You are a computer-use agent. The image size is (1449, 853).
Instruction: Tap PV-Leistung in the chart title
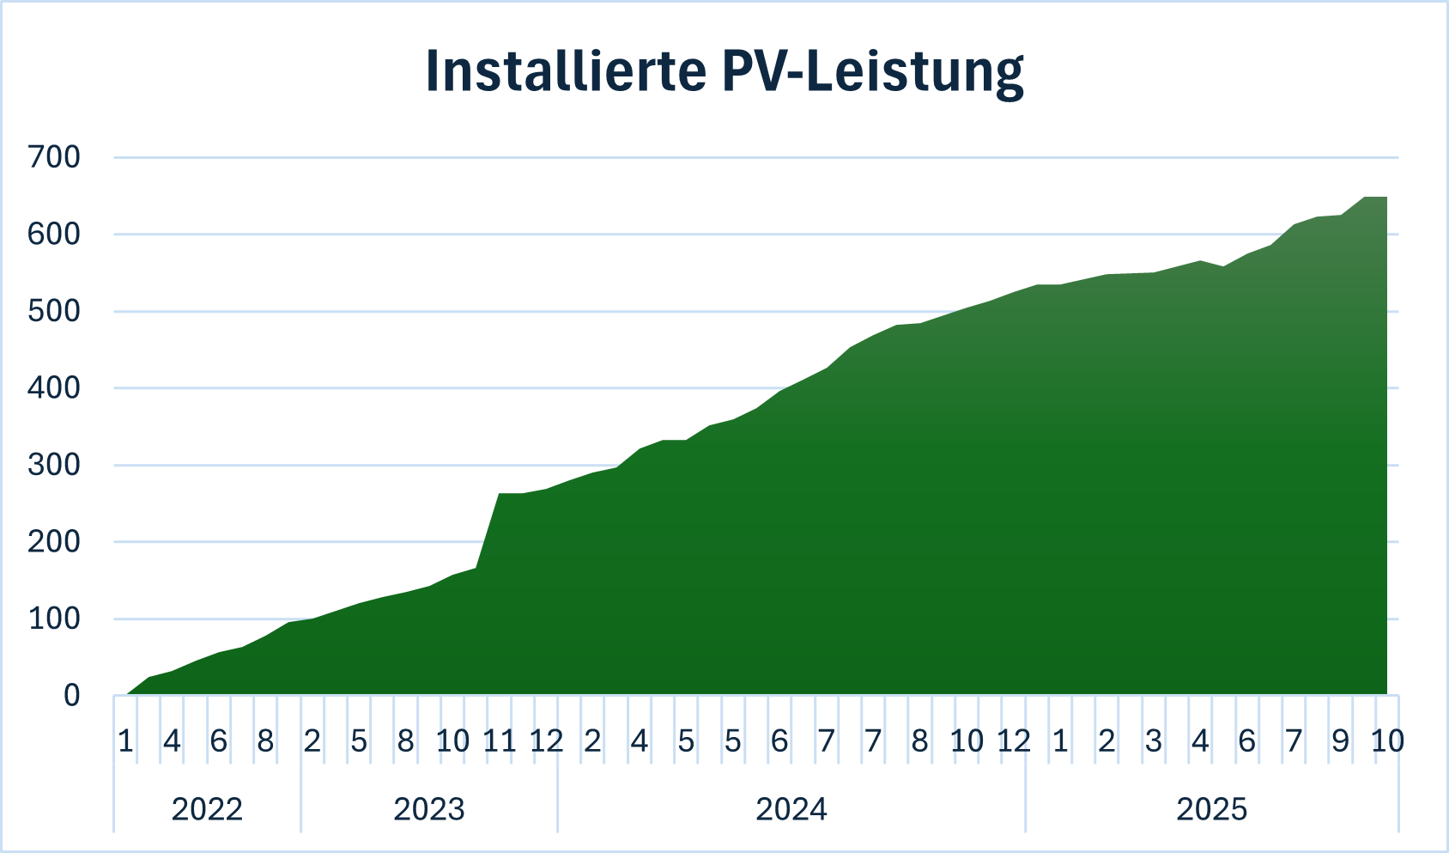click(x=873, y=73)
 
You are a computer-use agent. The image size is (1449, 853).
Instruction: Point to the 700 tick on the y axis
click(x=54, y=157)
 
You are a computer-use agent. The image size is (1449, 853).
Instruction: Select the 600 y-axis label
click(x=54, y=234)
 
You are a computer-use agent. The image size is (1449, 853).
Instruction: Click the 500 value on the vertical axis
click(x=54, y=311)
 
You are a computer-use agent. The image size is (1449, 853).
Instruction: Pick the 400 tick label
click(x=54, y=387)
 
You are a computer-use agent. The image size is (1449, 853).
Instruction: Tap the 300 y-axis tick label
click(x=54, y=465)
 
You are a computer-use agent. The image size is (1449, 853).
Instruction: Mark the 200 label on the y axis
click(x=54, y=541)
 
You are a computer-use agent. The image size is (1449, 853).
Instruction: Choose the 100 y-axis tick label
click(x=54, y=618)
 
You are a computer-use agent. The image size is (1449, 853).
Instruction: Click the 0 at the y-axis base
click(x=71, y=695)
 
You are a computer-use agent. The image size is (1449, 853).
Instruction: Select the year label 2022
click(x=207, y=809)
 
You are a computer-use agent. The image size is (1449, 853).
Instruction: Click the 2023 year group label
click(x=429, y=809)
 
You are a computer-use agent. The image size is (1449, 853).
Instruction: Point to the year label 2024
click(x=791, y=809)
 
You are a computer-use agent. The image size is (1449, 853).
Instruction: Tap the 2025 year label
click(x=1212, y=809)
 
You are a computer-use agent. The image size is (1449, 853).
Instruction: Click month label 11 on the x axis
click(x=499, y=740)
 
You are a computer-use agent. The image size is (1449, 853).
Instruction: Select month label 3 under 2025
click(x=1154, y=740)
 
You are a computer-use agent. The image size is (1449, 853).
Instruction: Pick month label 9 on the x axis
click(x=1340, y=740)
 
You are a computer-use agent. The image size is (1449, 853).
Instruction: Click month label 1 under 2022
click(x=125, y=740)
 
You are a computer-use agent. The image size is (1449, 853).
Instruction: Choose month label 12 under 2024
click(x=1013, y=740)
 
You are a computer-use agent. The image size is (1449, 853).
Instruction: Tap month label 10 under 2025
click(x=1387, y=740)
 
